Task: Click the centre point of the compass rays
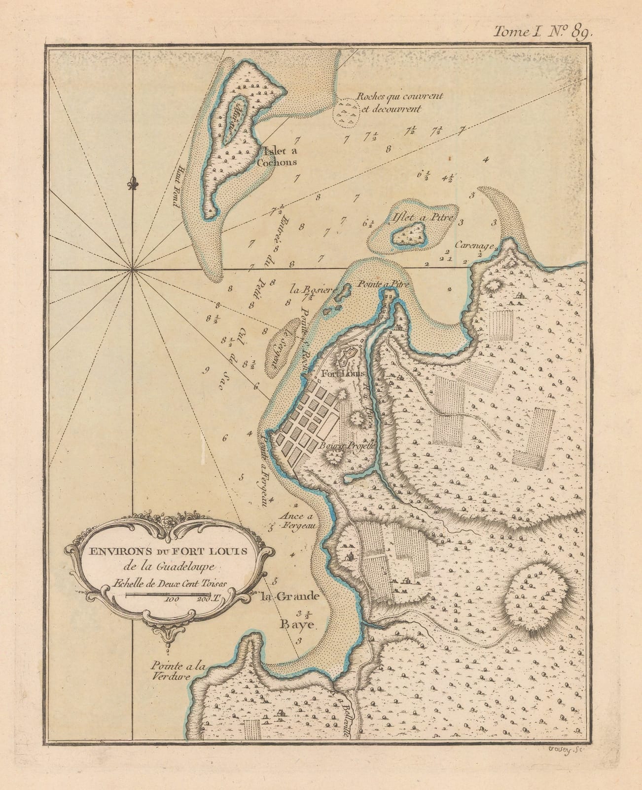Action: click(133, 269)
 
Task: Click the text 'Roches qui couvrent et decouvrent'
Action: click(400, 102)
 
